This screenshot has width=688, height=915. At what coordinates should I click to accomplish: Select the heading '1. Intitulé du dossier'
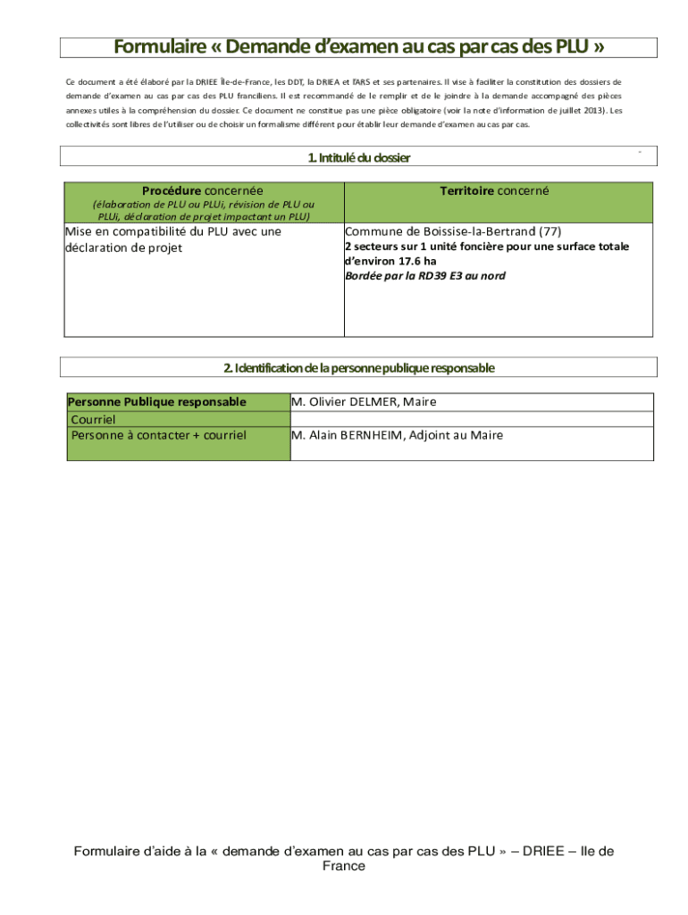(x=358, y=157)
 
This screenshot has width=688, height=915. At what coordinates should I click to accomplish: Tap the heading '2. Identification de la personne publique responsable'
(x=358, y=367)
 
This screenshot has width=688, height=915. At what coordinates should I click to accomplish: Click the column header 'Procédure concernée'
(x=203, y=190)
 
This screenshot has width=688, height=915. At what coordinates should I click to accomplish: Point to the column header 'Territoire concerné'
(x=494, y=190)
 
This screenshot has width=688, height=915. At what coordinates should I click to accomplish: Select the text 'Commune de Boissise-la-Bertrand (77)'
(x=453, y=231)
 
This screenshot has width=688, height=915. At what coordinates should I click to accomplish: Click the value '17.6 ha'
(x=418, y=261)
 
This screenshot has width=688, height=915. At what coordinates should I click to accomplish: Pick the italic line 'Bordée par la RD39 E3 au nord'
(x=425, y=276)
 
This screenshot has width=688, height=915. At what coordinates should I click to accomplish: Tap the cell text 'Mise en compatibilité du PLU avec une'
(x=173, y=231)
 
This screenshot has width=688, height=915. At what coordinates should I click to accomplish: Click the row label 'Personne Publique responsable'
(x=157, y=401)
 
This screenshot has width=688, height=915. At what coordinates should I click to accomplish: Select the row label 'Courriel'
(x=93, y=419)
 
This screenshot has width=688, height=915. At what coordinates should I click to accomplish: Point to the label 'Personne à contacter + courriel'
(x=158, y=435)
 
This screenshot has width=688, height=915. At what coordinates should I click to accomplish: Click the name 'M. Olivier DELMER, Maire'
(x=364, y=401)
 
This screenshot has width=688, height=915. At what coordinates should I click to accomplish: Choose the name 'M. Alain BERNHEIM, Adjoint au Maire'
(x=397, y=435)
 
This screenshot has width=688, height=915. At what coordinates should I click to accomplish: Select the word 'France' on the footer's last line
(x=343, y=866)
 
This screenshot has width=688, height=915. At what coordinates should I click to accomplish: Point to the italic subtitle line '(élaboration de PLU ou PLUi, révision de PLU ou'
(x=205, y=204)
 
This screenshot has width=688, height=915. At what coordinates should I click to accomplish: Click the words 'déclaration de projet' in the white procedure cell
(x=123, y=248)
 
